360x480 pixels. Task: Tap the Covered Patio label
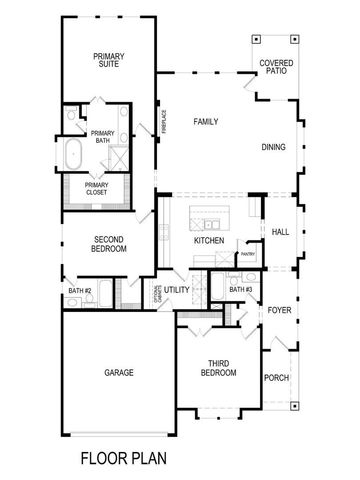tap(276, 67)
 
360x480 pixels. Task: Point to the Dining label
tap(273, 148)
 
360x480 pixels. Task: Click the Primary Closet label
tap(97, 188)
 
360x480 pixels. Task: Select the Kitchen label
tap(208, 241)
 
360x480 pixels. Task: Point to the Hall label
tap(280, 232)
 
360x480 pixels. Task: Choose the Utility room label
tap(177, 290)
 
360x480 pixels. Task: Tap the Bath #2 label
tap(80, 291)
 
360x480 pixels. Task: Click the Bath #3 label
tap(240, 289)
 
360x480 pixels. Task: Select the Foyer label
tap(279, 310)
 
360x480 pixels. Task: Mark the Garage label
tap(118, 372)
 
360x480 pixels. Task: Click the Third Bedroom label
tap(221, 368)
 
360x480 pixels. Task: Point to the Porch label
tap(276, 378)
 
